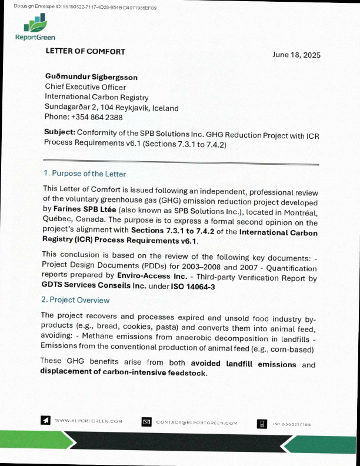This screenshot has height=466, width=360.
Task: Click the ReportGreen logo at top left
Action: [x=35, y=29]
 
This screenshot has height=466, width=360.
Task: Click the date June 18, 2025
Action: [x=296, y=55]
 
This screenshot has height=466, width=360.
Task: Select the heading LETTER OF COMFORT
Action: [x=85, y=51]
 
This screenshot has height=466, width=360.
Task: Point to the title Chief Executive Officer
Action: [x=85, y=87]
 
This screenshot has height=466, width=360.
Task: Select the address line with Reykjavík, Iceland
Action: [x=112, y=108]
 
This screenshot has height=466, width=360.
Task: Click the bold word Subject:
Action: [x=59, y=134]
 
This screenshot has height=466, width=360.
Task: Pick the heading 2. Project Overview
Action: [x=76, y=300]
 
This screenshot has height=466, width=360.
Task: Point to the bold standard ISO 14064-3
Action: [x=193, y=287]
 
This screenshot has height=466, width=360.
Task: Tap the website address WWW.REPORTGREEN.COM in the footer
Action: [x=88, y=421]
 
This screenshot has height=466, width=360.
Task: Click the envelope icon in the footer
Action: [x=147, y=421]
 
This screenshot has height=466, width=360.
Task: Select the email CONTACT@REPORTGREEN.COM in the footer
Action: [x=196, y=422]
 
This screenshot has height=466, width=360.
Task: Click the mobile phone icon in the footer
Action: [x=262, y=423]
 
